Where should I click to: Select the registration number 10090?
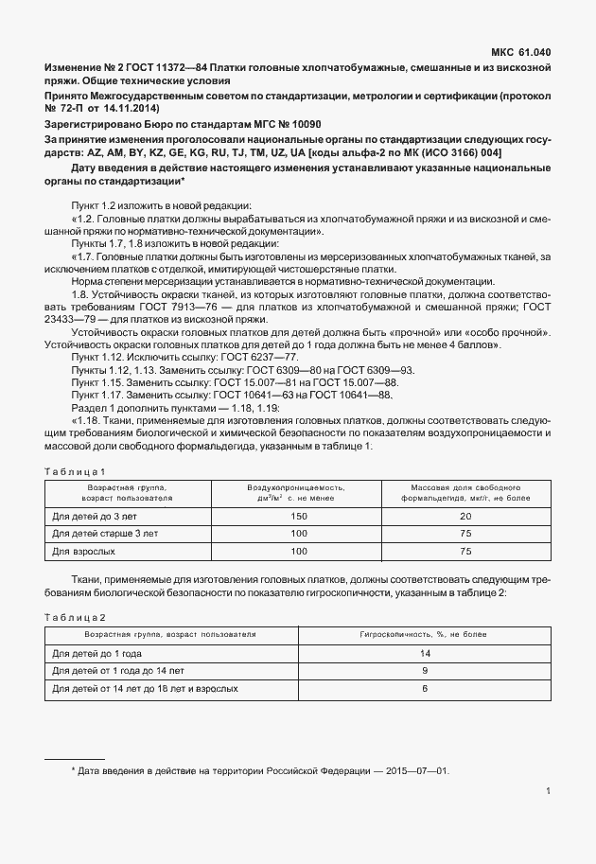[x=300, y=124]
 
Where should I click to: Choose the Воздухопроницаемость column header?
[x=296, y=491]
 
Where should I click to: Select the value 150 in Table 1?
[x=299, y=517]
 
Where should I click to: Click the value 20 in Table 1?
[x=465, y=517]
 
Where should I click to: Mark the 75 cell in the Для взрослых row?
[x=465, y=551]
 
